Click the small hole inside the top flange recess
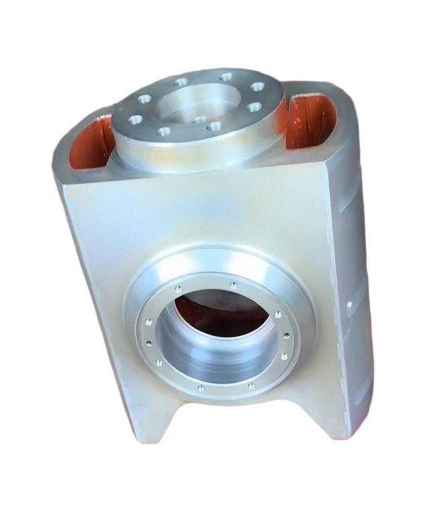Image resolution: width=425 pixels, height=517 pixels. coord(199,120)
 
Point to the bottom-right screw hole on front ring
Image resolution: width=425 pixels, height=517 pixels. coord(251,386)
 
